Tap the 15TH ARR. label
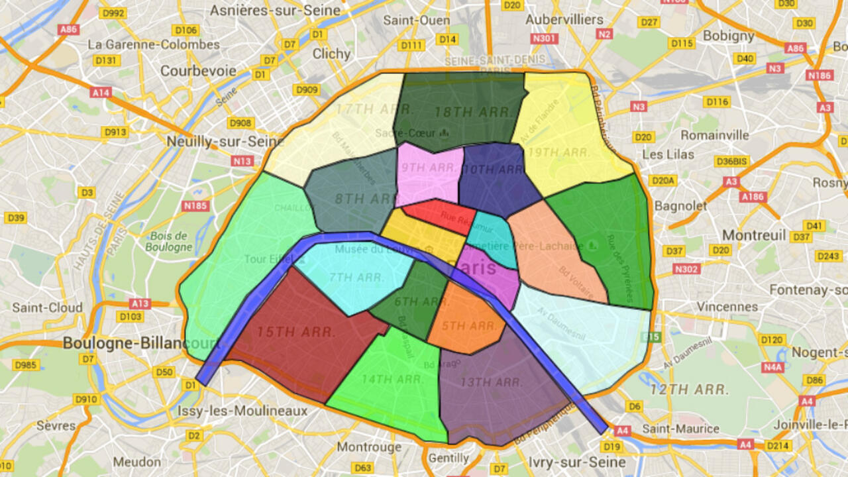tap(296, 332)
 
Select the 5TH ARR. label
tap(468, 325)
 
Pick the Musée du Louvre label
tap(376, 249)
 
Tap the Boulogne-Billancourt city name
tap(140, 343)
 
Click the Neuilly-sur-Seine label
tap(225, 141)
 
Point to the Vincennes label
tap(727, 307)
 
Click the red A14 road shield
tap(101, 93)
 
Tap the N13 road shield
tap(242, 161)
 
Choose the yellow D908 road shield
tap(240, 123)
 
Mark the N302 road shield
tap(686, 269)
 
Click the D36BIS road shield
tap(731, 161)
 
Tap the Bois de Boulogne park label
tap(171, 241)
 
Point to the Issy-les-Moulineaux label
tap(242, 411)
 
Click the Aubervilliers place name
tap(564, 20)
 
